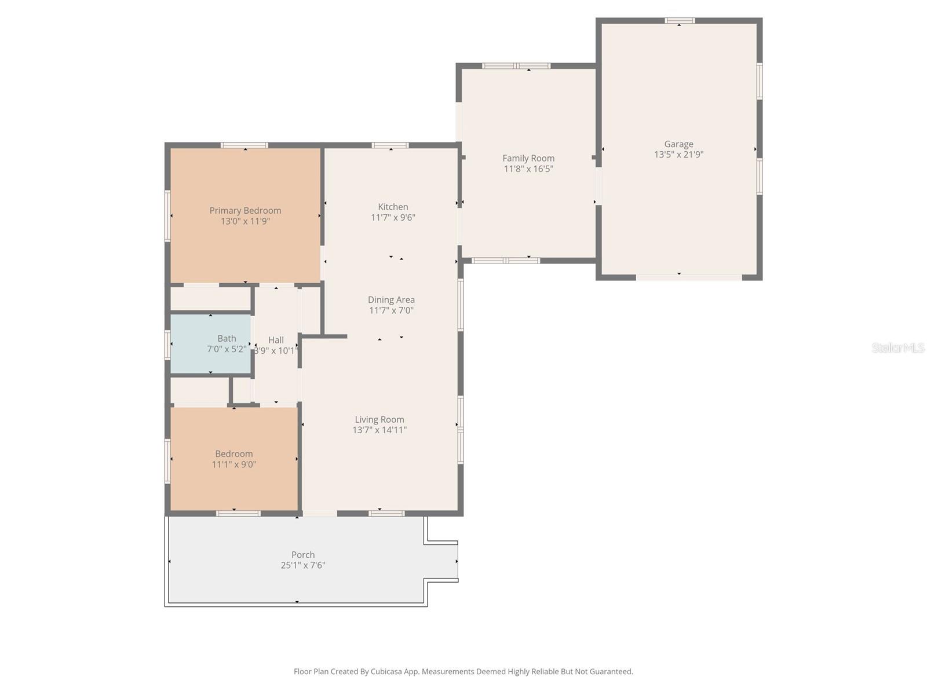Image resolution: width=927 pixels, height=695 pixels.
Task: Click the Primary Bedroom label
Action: click(x=245, y=211)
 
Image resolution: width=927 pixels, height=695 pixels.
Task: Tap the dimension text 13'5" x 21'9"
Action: click(x=678, y=155)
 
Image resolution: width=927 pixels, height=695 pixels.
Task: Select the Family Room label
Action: click(x=528, y=158)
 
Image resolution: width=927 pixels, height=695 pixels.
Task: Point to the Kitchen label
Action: click(x=393, y=207)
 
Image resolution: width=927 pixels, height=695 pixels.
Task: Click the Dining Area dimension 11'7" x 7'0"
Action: click(x=391, y=310)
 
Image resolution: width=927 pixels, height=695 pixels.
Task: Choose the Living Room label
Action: click(x=379, y=419)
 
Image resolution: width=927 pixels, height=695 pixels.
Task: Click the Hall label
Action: click(x=276, y=340)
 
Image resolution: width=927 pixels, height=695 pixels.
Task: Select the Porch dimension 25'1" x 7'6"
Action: click(x=303, y=565)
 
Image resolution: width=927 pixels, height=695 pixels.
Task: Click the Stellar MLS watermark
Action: click(x=897, y=348)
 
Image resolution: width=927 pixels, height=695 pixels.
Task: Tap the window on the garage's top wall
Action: click(x=680, y=21)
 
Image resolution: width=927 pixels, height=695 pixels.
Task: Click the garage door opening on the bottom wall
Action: click(x=688, y=277)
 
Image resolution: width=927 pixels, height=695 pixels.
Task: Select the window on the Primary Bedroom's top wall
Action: click(x=244, y=145)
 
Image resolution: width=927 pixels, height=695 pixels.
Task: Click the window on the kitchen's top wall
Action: click(x=390, y=145)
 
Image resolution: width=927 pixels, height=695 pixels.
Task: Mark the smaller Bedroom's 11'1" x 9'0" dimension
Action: click(x=234, y=464)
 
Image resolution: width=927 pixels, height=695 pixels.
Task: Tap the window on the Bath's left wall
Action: click(x=167, y=344)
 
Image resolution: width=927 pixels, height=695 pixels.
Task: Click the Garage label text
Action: click(x=678, y=144)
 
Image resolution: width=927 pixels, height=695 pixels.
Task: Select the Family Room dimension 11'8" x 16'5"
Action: click(x=528, y=169)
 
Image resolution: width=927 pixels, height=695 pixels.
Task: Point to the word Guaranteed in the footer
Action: click(x=611, y=672)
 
